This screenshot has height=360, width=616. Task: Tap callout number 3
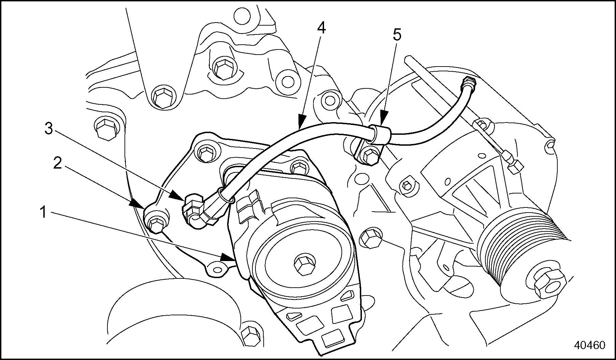click(49, 129)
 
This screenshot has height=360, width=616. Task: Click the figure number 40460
click(589, 345)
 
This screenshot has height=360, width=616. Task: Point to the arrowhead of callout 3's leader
click(180, 196)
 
